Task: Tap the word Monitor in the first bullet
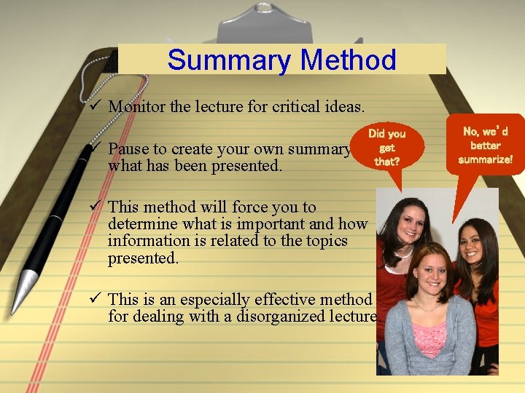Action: [136, 107]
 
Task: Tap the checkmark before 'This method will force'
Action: [93, 207]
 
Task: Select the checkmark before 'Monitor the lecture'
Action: [93, 106]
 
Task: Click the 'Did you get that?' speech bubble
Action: [386, 146]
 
